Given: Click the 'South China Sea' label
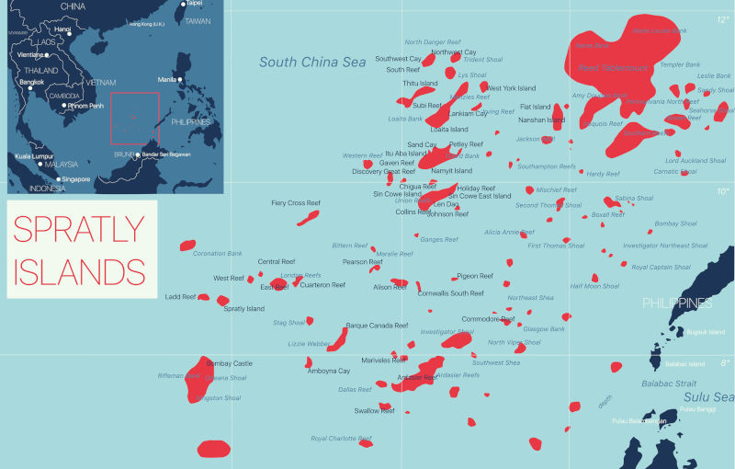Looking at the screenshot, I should (312, 63).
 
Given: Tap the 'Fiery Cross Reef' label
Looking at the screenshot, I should (296, 202).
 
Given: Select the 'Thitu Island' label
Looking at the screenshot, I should (421, 84).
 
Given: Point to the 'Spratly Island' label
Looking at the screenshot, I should (244, 309).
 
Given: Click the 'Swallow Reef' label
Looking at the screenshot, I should (374, 410).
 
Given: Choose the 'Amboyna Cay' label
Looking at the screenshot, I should (329, 371).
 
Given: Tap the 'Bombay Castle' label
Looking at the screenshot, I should (230, 363).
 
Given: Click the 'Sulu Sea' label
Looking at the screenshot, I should (709, 396).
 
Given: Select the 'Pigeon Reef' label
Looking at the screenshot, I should (475, 276).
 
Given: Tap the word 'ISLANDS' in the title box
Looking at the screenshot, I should (79, 272).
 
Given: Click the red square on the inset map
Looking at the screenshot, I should (134, 118).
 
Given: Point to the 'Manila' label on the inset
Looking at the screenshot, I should (167, 80).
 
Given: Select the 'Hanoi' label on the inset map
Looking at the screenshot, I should (62, 29).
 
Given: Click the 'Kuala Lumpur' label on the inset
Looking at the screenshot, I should (34, 157).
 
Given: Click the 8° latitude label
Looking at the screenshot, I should (724, 363).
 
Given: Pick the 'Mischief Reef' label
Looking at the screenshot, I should (556, 189).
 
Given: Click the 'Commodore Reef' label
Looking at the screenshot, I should (488, 319).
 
